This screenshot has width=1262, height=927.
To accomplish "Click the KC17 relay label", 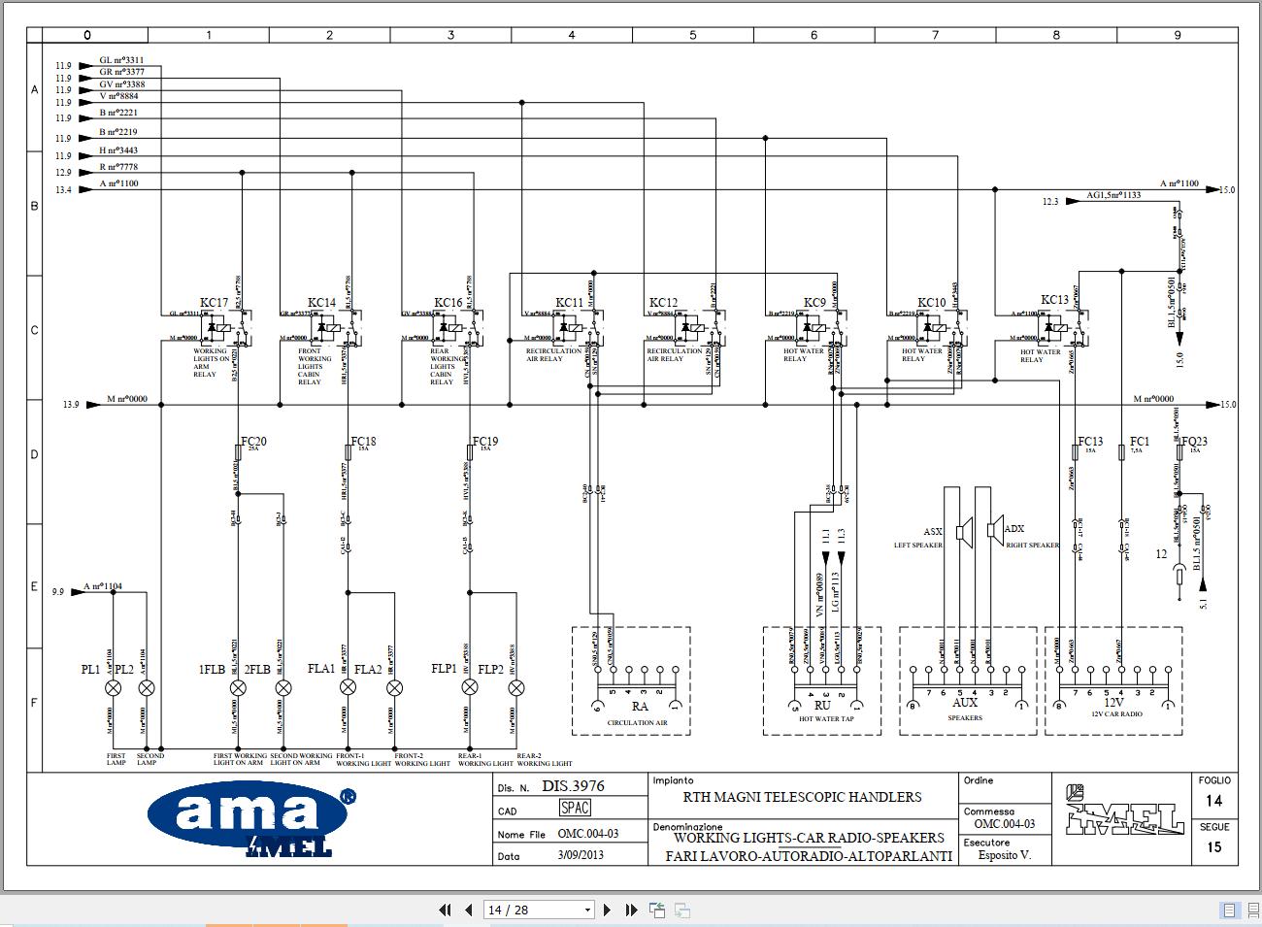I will (214, 303).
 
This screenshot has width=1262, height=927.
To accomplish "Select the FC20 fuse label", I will (254, 442).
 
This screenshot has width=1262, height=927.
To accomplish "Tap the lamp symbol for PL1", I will (114, 687).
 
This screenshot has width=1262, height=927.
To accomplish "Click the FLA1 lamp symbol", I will (348, 687).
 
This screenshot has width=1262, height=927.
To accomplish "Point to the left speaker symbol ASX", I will (963, 531).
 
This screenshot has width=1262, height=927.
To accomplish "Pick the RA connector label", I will (639, 707).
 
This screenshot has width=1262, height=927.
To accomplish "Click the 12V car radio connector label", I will (1113, 702).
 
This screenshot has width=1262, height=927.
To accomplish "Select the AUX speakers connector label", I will (964, 702).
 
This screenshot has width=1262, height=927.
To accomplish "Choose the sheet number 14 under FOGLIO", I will (1213, 801).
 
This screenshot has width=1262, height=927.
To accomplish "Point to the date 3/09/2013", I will (581, 855).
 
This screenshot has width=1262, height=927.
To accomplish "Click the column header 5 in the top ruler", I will (692, 35).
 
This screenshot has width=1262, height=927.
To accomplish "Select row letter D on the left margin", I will (34, 454).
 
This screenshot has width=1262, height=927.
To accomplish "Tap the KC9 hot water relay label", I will (814, 303).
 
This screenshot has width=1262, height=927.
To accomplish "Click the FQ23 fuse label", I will (1194, 441).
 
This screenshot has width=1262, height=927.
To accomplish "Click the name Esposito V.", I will (1004, 855).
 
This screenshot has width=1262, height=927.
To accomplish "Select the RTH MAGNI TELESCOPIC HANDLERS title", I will (801, 797).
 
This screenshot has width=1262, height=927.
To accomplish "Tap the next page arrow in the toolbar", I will (608, 910).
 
